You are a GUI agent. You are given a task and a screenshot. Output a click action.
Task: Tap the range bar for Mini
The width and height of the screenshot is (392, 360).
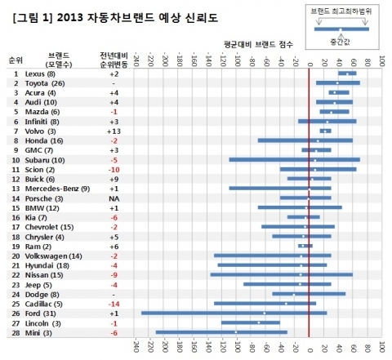click(x=221, y=332)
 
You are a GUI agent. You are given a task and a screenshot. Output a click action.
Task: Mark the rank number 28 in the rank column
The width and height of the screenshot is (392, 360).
click(x=16, y=332)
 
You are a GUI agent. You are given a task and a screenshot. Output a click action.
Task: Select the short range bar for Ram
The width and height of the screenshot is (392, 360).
click(x=305, y=246)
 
